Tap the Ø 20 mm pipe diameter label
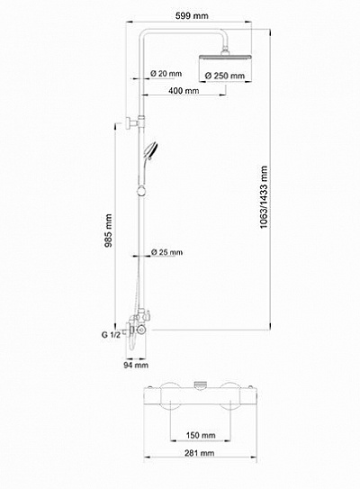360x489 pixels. pos(167,73)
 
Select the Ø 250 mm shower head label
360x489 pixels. pos(225,76)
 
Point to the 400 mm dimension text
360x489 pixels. pos(183,93)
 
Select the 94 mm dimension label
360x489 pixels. pos(135,366)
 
